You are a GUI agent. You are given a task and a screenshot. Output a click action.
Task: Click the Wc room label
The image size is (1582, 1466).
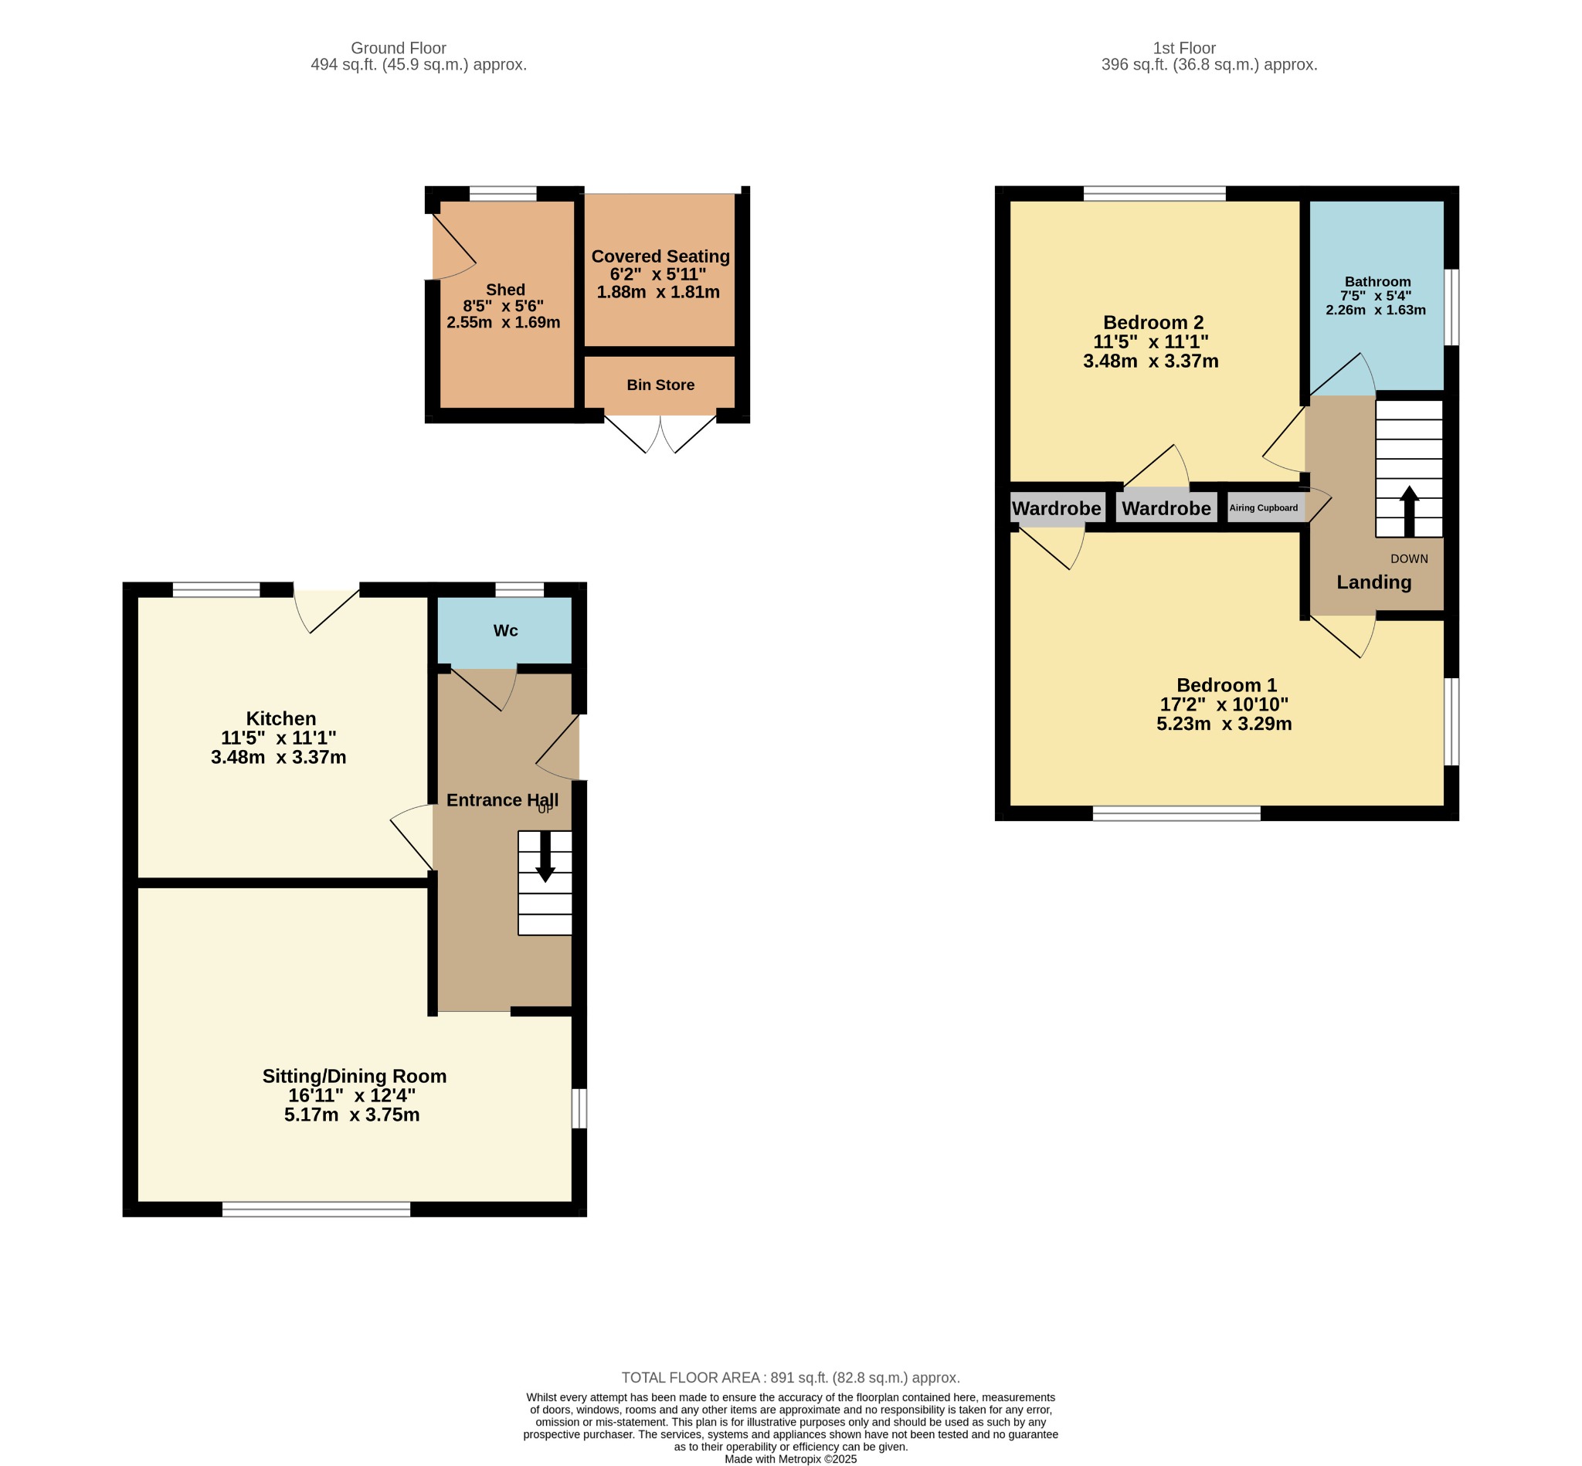click(505, 631)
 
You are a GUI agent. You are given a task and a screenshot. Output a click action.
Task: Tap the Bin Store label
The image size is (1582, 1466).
click(660, 385)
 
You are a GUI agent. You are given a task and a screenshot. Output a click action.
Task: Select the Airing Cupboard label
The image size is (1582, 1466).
click(1264, 507)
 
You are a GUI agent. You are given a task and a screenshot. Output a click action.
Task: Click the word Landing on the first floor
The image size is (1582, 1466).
click(1374, 582)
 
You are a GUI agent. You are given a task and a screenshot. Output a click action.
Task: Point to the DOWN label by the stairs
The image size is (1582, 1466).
click(1409, 558)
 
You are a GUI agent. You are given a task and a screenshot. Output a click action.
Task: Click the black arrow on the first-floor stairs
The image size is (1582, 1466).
click(1409, 511)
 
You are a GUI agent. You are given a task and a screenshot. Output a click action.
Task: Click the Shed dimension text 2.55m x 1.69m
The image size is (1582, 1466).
click(503, 323)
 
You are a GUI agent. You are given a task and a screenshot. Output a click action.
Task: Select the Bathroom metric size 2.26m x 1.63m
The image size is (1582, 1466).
click(1376, 311)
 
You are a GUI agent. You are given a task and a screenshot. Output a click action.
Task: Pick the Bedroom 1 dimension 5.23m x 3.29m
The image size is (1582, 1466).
click(1224, 724)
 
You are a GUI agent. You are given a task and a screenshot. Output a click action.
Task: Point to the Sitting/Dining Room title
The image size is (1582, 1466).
click(355, 1076)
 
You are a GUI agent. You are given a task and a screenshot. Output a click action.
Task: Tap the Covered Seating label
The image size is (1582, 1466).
click(660, 256)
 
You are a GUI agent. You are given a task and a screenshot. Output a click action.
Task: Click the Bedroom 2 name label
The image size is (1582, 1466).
click(1153, 323)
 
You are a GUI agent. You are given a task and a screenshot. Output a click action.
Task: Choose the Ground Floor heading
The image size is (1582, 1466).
click(399, 49)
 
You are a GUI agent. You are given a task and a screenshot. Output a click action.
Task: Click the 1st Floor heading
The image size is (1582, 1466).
click(1184, 49)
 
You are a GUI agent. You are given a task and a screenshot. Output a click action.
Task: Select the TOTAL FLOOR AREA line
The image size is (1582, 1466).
click(790, 1378)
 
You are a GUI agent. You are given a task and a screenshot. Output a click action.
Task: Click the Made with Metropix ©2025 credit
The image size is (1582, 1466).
click(790, 1459)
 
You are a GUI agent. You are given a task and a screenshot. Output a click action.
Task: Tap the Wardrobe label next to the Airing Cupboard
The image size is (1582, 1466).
click(1166, 508)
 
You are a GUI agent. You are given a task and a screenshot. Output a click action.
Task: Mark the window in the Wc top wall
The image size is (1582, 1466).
click(520, 589)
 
